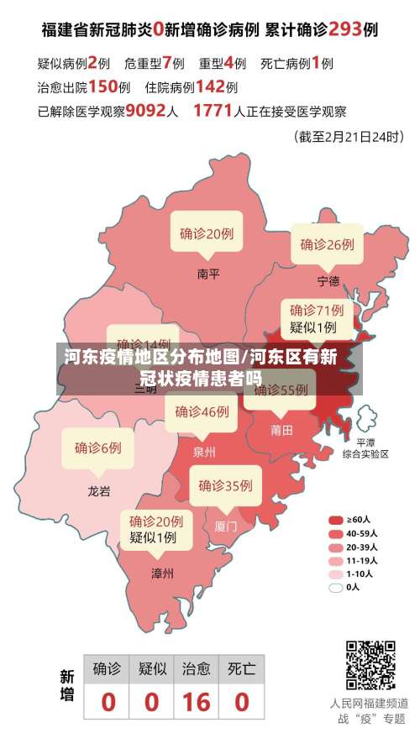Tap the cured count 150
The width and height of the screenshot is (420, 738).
pyautogui.click(x=102, y=86)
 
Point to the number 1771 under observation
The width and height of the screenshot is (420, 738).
pyautogui.click(x=213, y=110)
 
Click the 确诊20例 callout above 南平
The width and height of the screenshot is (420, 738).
pyautogui.click(x=207, y=233)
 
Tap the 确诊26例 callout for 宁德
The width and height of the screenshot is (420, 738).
pyautogui.click(x=328, y=244)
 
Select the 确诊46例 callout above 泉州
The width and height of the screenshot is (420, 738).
pyautogui.click(x=202, y=411)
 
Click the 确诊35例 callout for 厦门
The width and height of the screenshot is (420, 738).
pyautogui.click(x=225, y=485)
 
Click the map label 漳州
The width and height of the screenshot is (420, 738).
pyautogui.click(x=162, y=574)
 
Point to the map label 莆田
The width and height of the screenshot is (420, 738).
pyautogui.click(x=282, y=430)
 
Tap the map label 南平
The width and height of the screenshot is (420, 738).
pyautogui.click(x=208, y=274)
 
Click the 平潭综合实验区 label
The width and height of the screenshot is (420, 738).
pyautogui.click(x=365, y=448)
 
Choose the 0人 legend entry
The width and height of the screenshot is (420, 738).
pyautogui.click(x=346, y=587)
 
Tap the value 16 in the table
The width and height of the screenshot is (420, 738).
pyautogui.click(x=196, y=701)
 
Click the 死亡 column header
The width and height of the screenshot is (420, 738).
pyautogui.click(x=241, y=668)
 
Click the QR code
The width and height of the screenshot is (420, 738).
pyautogui.click(x=370, y=663)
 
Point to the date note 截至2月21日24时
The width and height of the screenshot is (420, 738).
pyautogui.click(x=344, y=135)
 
